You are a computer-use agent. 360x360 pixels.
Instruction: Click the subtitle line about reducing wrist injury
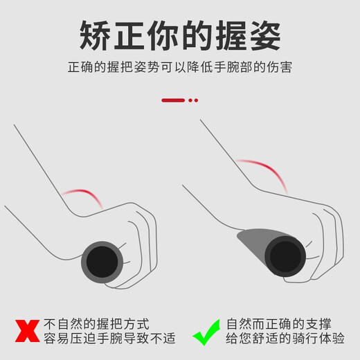180,69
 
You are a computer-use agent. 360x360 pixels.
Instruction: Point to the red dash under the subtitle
173,100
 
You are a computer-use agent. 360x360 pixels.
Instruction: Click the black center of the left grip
102,261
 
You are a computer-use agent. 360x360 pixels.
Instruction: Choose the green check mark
206,330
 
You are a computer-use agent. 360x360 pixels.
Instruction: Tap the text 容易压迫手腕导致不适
109,339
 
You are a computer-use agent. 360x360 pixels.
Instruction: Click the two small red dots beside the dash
193,100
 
